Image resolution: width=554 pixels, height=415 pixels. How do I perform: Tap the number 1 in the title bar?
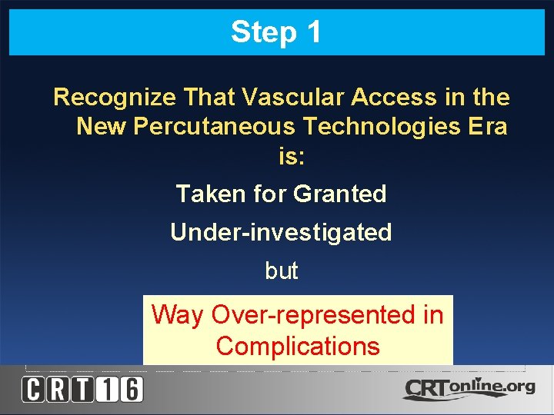pos(313,32)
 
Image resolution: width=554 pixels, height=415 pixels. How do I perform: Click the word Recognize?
pos(115,98)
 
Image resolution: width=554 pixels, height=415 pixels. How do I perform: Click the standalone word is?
pos(292,157)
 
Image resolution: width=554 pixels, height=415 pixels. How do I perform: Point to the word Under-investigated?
pos(281,232)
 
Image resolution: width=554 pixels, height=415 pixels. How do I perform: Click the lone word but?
pos(281,271)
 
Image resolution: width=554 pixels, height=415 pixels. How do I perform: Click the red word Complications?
pos(298,347)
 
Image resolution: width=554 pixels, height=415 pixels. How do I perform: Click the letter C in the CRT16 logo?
pos(33,390)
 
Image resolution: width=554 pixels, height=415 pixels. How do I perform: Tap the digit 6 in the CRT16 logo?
pos(131,390)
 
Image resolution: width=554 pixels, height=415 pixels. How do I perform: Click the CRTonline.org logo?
pos(469,388)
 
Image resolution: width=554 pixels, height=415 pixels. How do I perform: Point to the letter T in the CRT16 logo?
pos(82,390)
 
